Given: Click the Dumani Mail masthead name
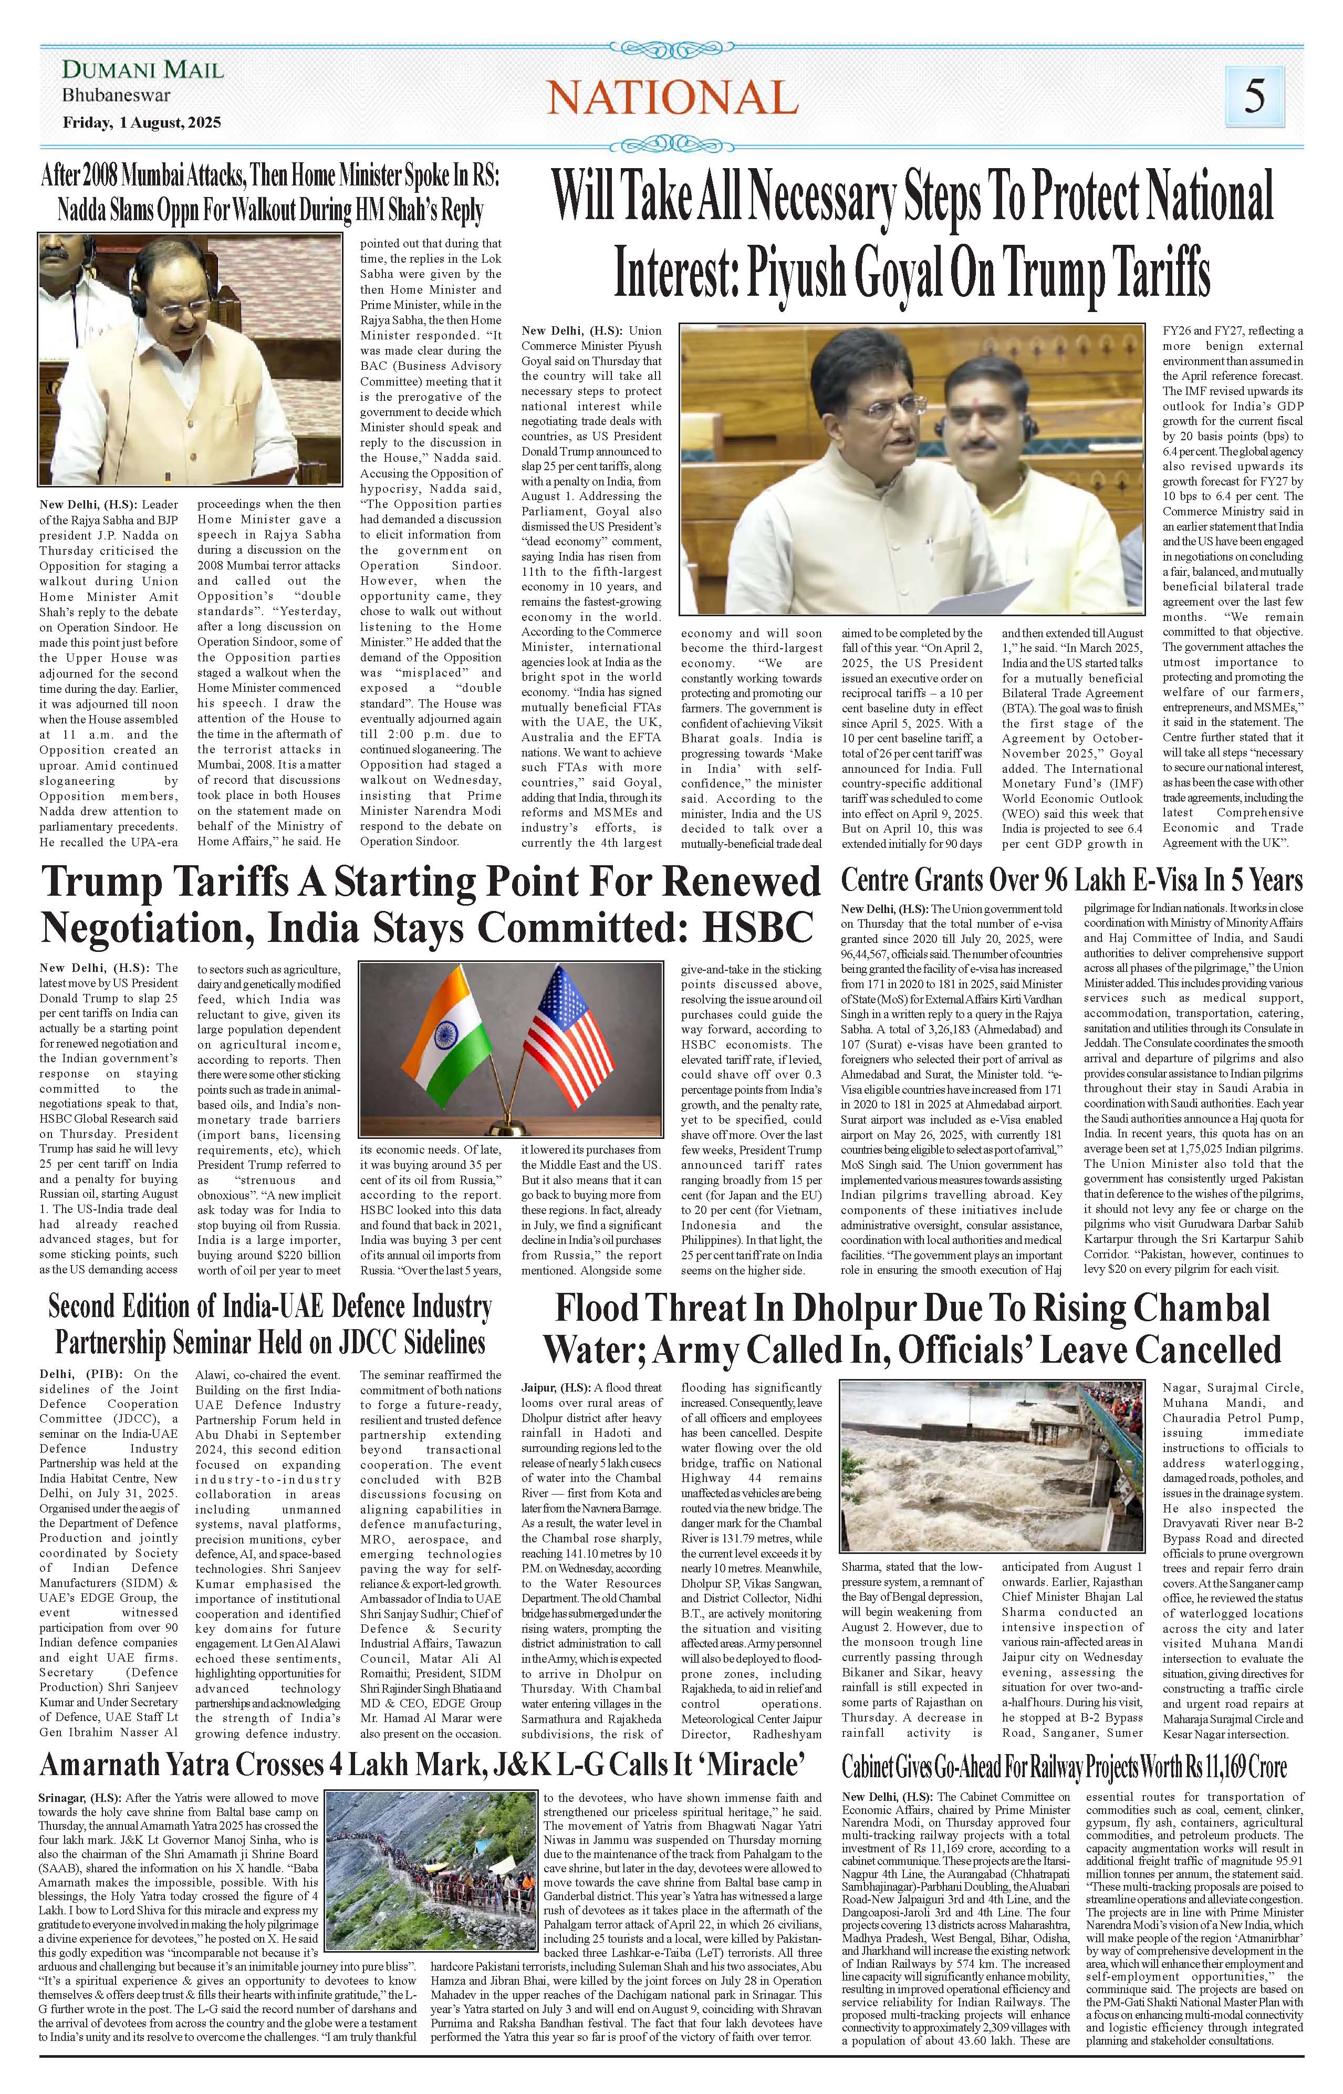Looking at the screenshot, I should pos(143,70).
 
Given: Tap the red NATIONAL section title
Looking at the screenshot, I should pos(671,97).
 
